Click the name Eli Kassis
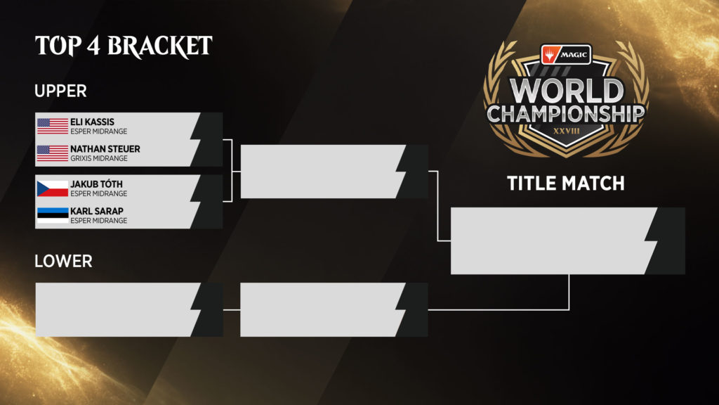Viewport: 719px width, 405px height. (x=92, y=122)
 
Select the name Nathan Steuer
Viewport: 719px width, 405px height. (x=105, y=149)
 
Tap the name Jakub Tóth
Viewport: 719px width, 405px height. (x=96, y=184)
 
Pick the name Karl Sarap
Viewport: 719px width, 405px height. (x=97, y=211)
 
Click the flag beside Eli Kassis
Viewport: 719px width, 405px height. (x=52, y=126)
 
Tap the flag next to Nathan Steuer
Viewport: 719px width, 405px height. (x=52, y=153)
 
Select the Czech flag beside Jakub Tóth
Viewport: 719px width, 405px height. (x=52, y=188)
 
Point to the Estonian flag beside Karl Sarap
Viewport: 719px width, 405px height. (x=52, y=215)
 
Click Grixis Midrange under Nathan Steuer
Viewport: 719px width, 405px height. (x=98, y=158)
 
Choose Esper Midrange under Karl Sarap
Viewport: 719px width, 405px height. (x=98, y=220)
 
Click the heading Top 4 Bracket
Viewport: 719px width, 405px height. (x=124, y=46)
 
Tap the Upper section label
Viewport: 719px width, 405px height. (x=60, y=91)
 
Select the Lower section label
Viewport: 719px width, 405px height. (x=63, y=262)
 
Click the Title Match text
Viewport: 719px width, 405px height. (x=566, y=184)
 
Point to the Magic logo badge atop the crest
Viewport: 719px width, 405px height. (x=567, y=55)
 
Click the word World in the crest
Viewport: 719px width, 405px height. (x=567, y=91)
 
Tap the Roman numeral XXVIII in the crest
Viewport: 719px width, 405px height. (x=567, y=131)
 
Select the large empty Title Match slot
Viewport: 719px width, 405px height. (x=567, y=241)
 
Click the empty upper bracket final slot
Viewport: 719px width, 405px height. (x=334, y=172)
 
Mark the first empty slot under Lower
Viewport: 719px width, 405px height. (x=129, y=309)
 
